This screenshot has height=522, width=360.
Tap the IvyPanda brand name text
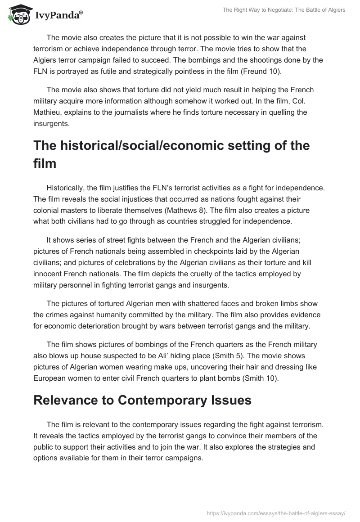point(58,15)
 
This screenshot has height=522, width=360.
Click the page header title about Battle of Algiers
point(284,10)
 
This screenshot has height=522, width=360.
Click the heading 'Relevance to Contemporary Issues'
point(142,400)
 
